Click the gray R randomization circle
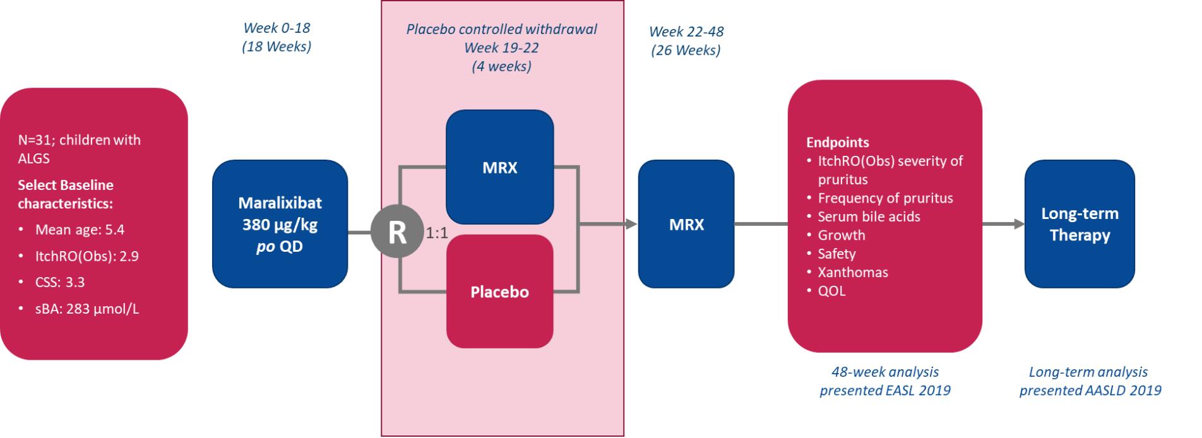(x=396, y=232)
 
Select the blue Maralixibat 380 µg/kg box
(x=280, y=224)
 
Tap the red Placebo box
(x=499, y=292)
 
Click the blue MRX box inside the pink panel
(x=499, y=167)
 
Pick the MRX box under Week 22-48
(x=686, y=224)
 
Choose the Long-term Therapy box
(x=1080, y=224)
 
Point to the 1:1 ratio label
(x=437, y=234)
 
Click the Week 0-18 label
(x=277, y=28)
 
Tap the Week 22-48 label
(x=686, y=32)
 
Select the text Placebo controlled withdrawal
(x=501, y=29)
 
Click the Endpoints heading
(x=837, y=143)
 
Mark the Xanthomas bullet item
(x=852, y=272)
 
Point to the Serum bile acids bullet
(x=869, y=216)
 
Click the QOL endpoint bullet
(x=831, y=291)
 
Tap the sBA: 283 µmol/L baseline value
(x=86, y=309)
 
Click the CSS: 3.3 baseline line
(x=60, y=282)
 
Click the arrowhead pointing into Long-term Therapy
(x=1018, y=224)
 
